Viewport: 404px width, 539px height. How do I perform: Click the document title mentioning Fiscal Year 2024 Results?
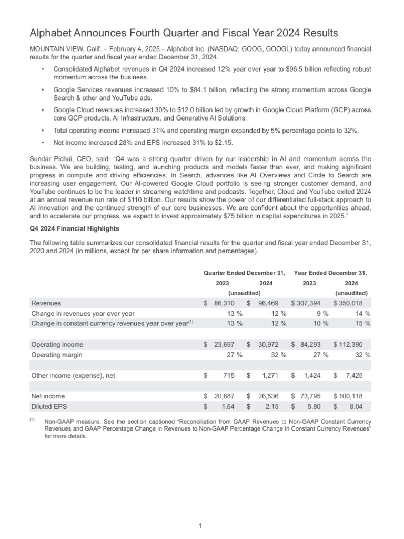184,34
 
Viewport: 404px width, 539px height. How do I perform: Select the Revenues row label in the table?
46,303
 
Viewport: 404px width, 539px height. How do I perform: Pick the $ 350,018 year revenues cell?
352,303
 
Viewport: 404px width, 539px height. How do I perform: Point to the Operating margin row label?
57,355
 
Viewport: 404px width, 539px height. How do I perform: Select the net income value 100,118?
356,396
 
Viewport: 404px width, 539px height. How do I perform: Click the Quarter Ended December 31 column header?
244,273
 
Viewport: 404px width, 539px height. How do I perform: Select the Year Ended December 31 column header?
330,273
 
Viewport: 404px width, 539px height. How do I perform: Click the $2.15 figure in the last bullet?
224,142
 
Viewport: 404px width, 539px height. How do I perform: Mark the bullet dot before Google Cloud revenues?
42,110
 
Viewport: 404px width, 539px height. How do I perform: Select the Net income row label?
48,396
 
